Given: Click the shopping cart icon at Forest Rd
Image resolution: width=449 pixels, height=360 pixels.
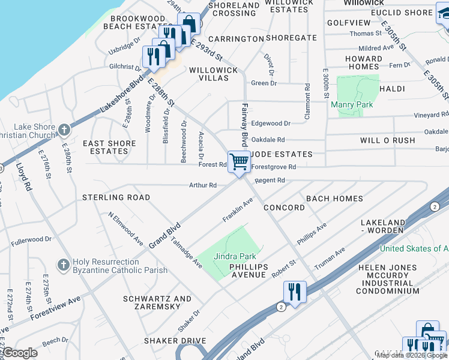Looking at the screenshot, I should point(239,161).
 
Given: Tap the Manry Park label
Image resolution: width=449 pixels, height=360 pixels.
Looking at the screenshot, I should point(352,105).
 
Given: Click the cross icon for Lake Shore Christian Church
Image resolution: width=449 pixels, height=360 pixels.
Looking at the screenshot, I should point(65,129).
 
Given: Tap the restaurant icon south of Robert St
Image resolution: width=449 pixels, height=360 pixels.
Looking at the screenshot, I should point(295,292).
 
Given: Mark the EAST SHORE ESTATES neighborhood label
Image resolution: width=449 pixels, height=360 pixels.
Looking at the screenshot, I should point(110,148).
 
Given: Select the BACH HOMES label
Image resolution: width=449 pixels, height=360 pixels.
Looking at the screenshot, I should point(334,199).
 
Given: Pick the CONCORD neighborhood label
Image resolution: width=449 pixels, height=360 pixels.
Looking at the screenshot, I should point(284,208).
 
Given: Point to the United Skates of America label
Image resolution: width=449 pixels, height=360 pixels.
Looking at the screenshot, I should point(414,248).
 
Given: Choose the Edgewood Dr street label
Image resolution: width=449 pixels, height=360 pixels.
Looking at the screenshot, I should point(270,123).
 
